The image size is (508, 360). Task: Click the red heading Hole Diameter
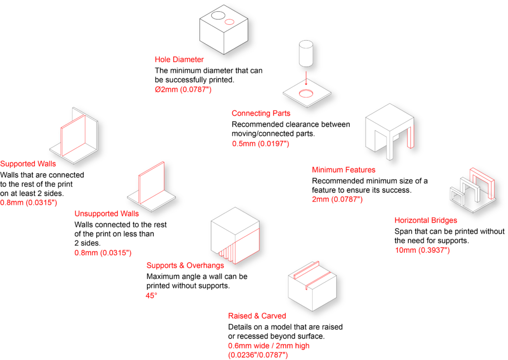(x=179, y=60)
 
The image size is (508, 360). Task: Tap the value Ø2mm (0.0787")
(x=183, y=89)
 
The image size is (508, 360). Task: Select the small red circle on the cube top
(x=229, y=22)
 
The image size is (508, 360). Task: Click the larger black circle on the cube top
(x=218, y=15)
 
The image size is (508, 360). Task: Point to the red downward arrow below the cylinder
(x=306, y=78)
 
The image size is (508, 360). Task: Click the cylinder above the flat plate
(x=306, y=54)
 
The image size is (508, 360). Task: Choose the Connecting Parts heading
(x=261, y=114)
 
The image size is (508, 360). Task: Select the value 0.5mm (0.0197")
(x=260, y=144)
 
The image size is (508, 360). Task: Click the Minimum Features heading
(x=343, y=170)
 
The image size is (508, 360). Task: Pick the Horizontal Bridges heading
(x=426, y=220)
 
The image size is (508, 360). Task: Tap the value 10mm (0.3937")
(x=423, y=250)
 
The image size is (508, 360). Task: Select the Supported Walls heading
(x=28, y=164)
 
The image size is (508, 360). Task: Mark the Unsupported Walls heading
(x=107, y=214)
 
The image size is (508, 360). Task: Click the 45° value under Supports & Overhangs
(x=151, y=295)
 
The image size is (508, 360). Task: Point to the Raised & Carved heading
(x=257, y=316)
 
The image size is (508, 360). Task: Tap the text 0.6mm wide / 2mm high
(x=268, y=346)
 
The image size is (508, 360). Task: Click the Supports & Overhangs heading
(x=185, y=266)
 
